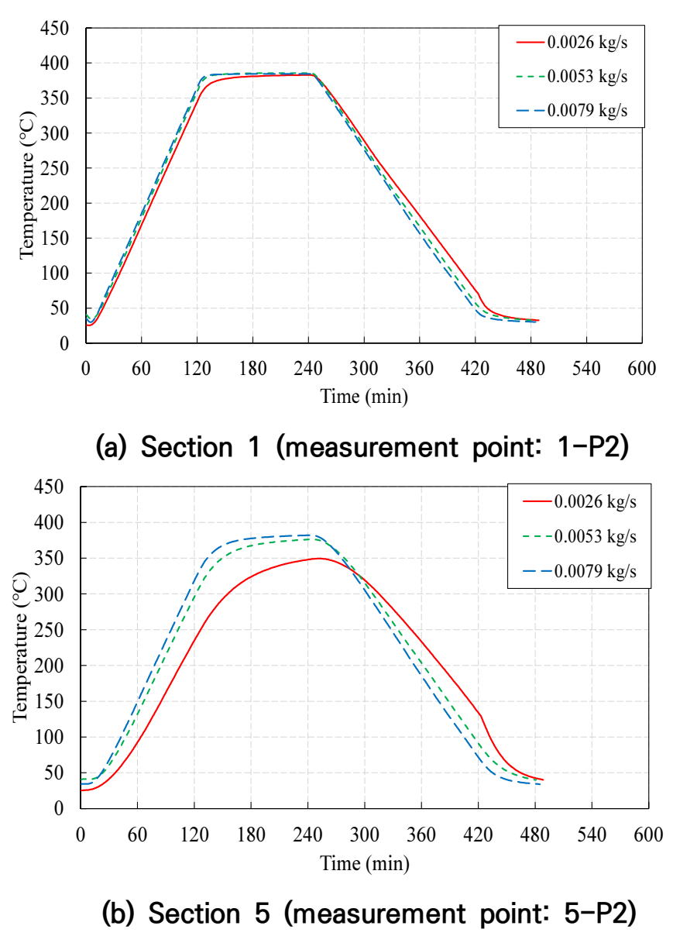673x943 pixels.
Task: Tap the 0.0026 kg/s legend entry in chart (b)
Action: coord(579,501)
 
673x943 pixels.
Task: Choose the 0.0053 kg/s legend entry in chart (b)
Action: coord(579,536)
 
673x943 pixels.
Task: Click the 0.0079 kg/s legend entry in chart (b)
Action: coord(579,571)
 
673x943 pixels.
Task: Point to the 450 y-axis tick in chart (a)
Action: coord(54,29)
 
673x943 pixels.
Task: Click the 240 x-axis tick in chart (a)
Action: coord(308,369)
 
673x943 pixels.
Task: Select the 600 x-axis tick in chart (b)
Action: coord(648,835)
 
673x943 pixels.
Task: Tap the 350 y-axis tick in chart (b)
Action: coord(49,558)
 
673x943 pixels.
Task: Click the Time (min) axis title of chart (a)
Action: coord(364,397)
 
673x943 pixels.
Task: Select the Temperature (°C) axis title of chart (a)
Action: coord(26,185)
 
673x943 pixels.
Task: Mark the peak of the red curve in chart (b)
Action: coord(319,558)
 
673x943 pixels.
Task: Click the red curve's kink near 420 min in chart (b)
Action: coord(480,715)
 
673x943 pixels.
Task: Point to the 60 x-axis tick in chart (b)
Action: coord(137,835)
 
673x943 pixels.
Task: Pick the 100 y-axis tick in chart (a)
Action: coord(54,274)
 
